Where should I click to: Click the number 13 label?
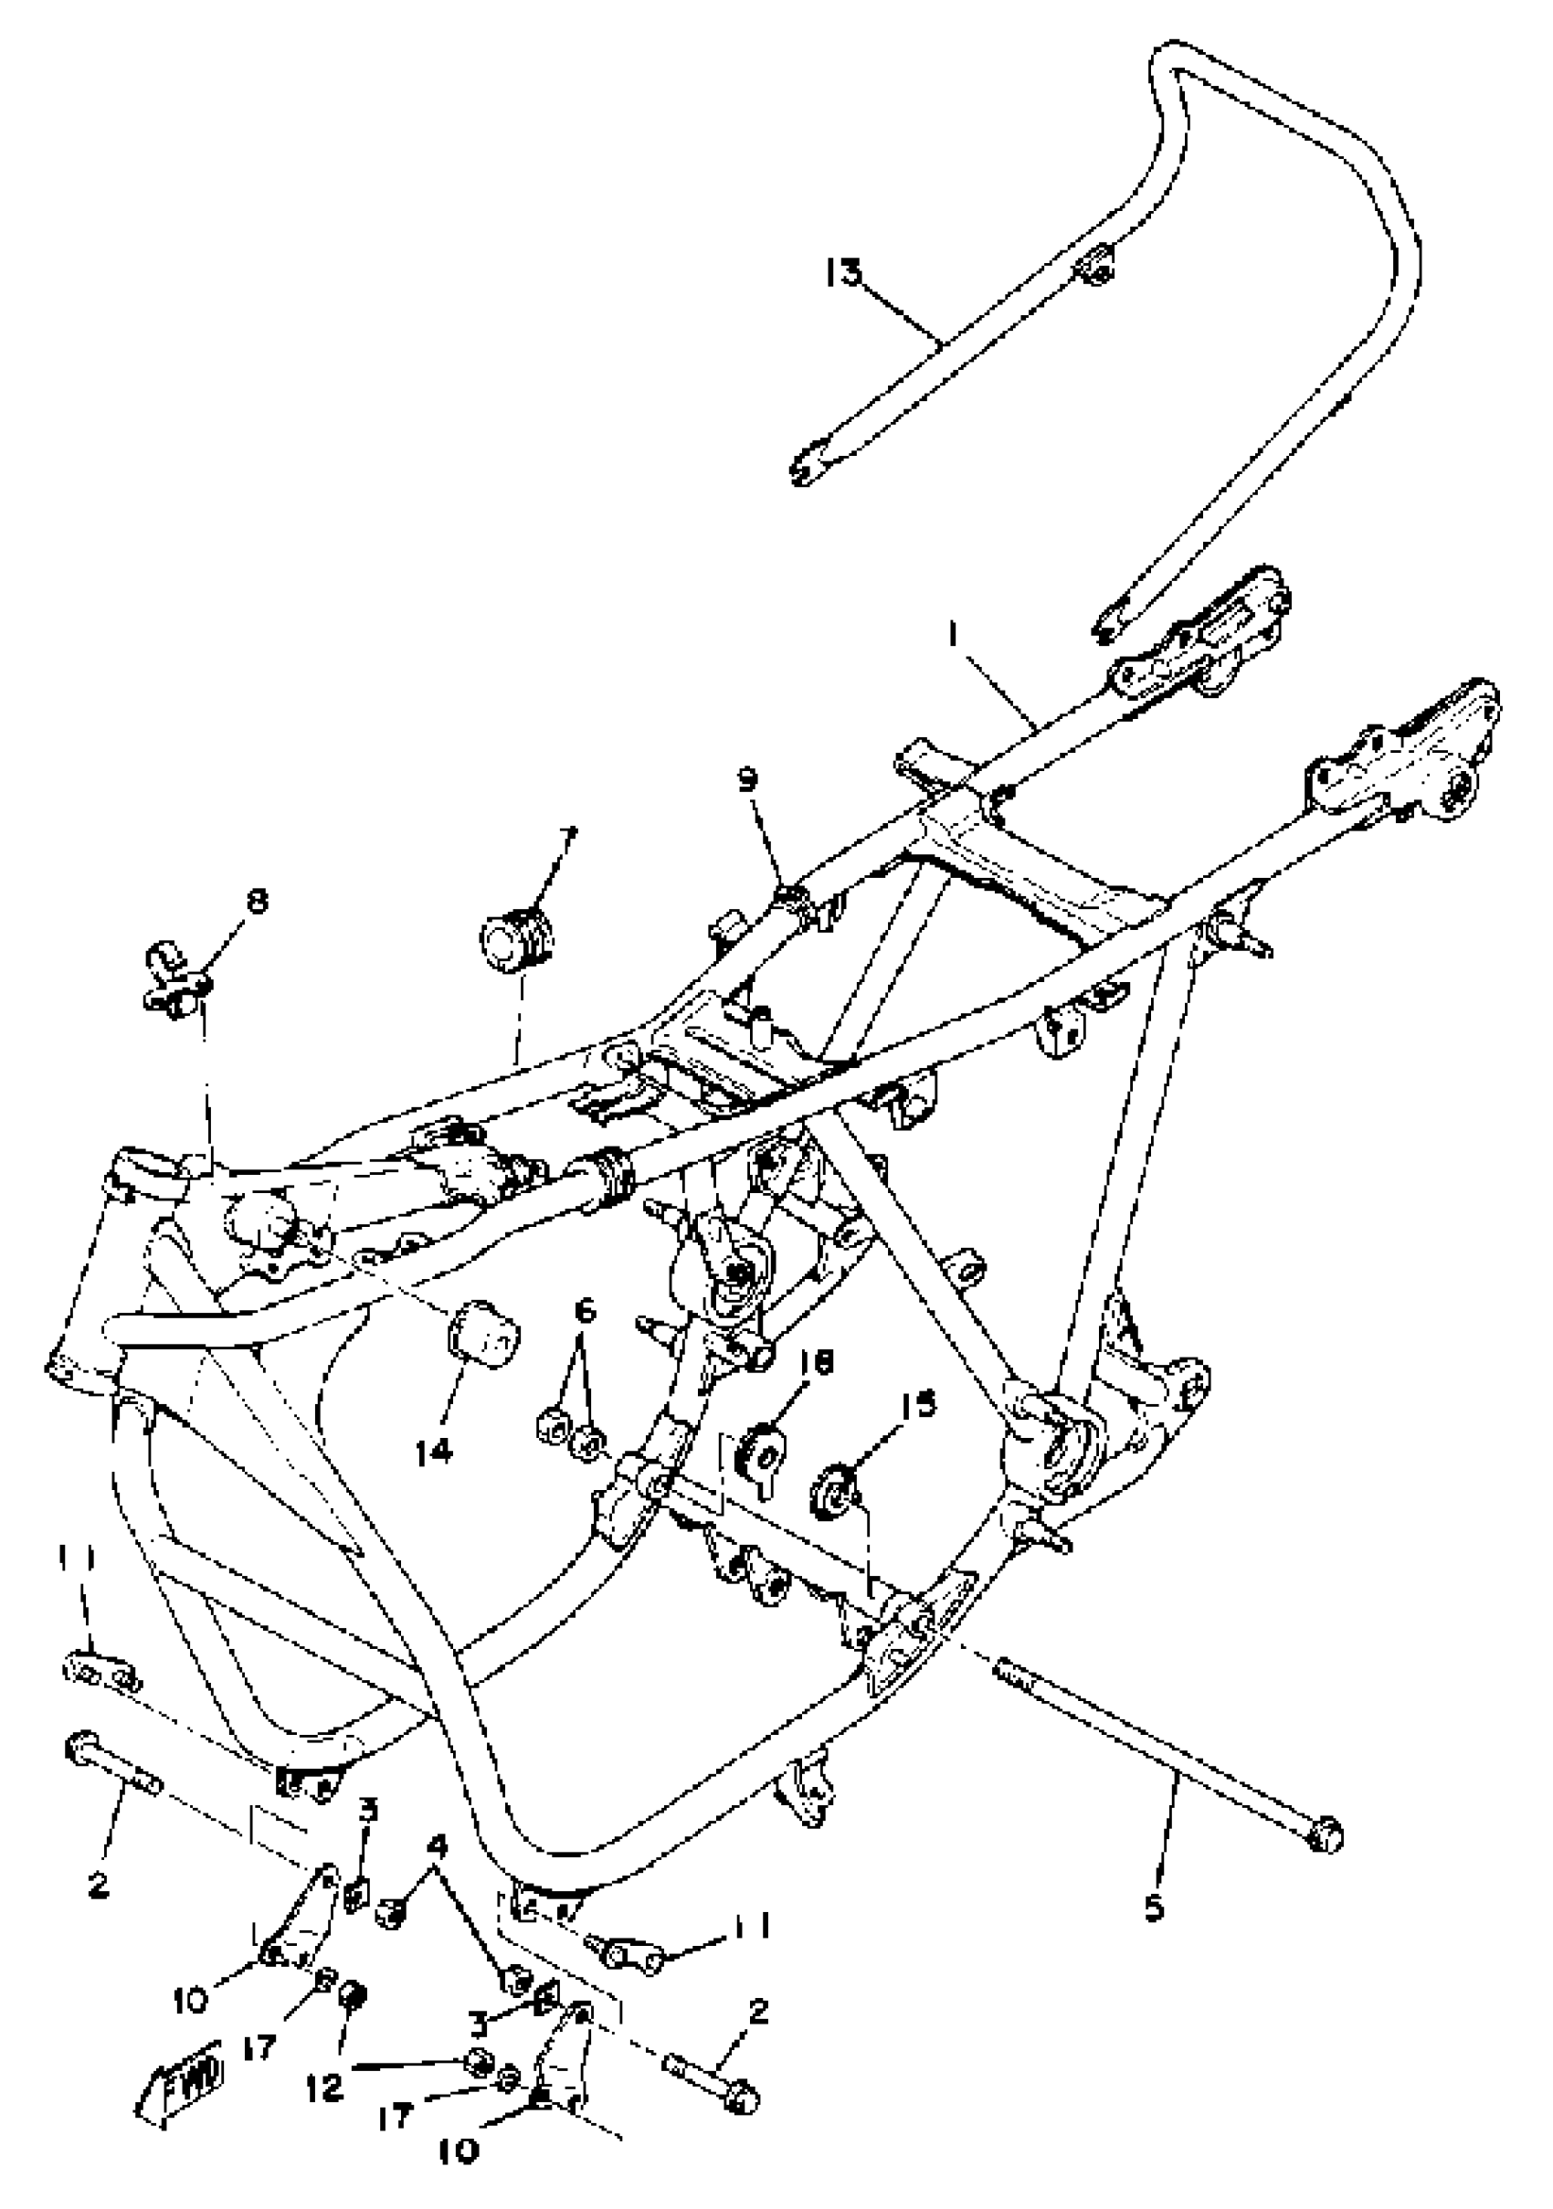[x=843, y=273]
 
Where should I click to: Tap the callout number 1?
[x=953, y=636]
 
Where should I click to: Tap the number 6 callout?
[x=585, y=1309]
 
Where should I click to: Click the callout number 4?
[x=437, y=1846]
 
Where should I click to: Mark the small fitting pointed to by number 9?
[x=791, y=899]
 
